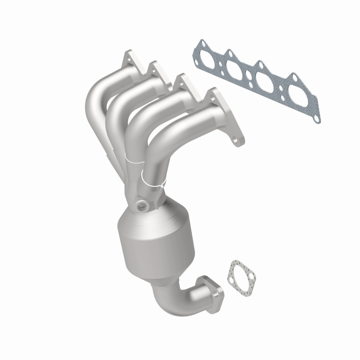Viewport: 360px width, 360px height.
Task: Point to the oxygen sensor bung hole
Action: pyautogui.click(x=143, y=206)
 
